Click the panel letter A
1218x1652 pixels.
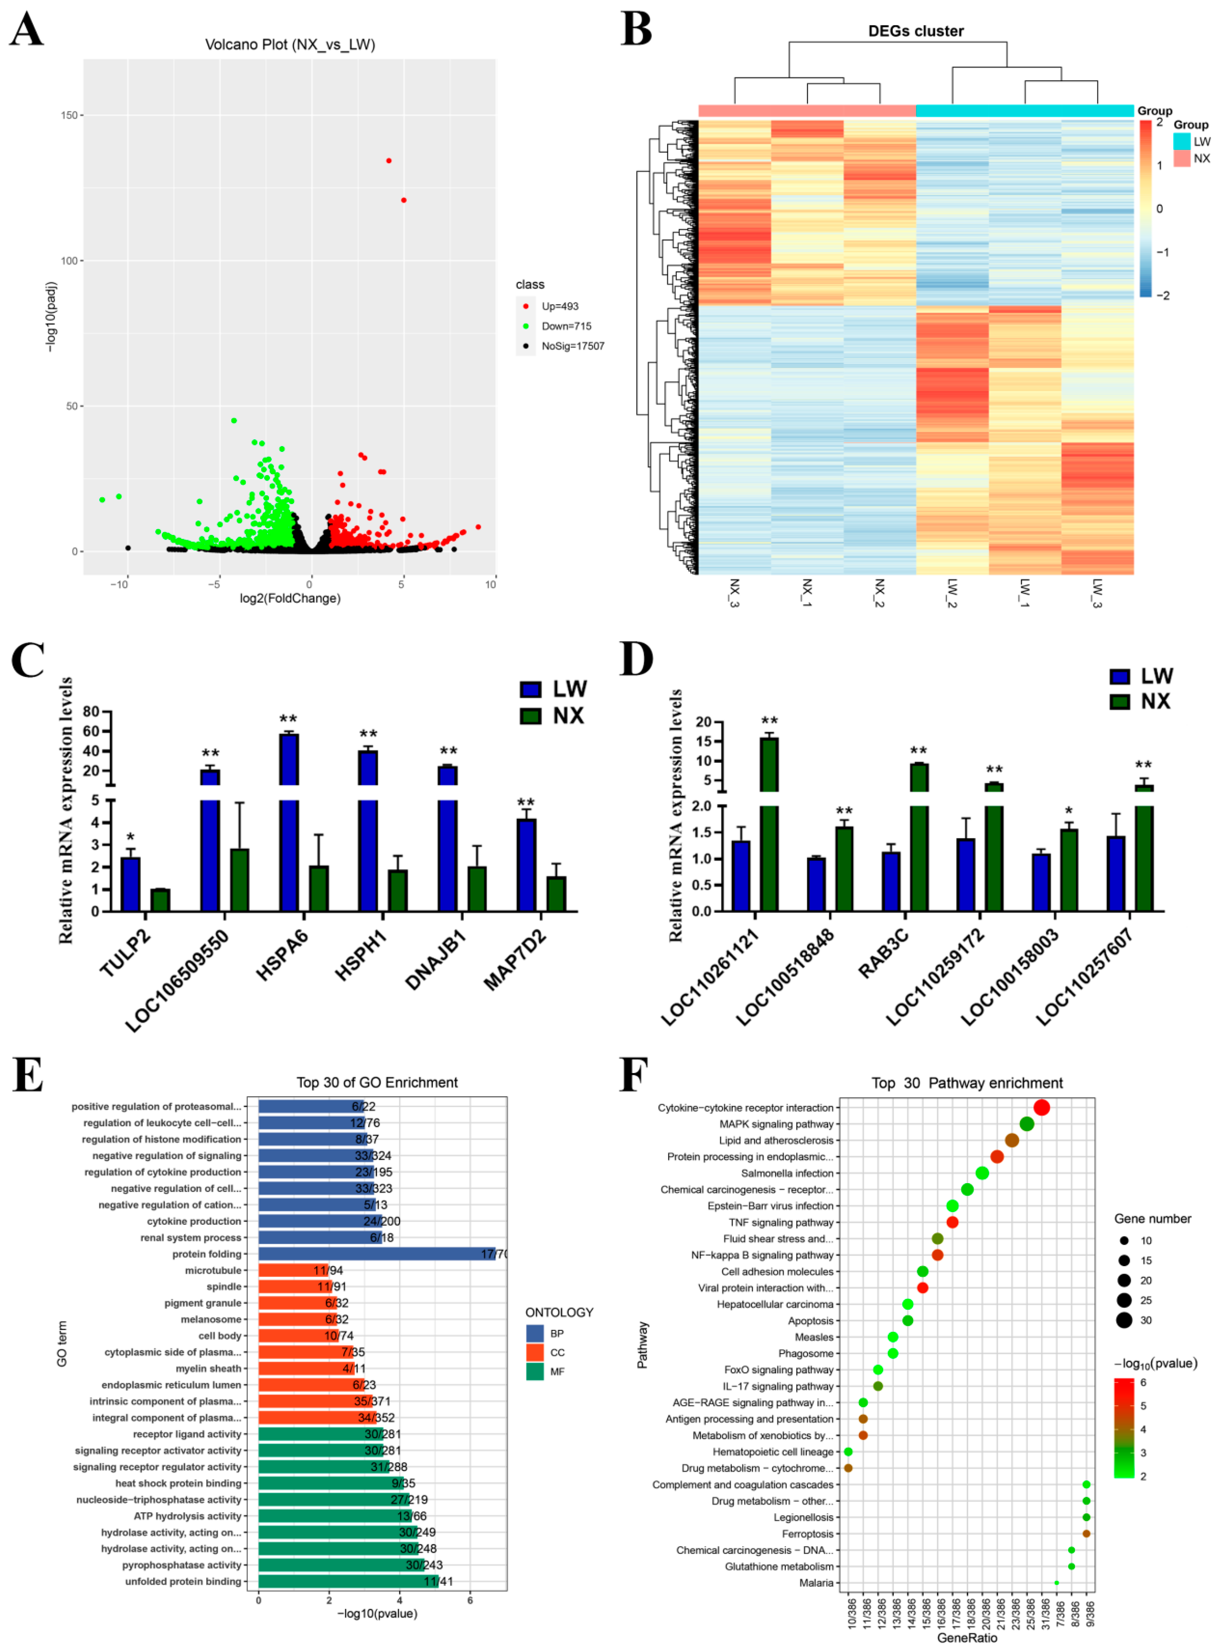(x=26, y=31)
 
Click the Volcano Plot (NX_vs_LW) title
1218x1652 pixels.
(x=290, y=45)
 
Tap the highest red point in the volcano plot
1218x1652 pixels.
(x=389, y=161)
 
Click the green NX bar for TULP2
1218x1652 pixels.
(x=160, y=900)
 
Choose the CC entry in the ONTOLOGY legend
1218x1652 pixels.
(x=557, y=1353)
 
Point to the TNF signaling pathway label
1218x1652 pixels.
(x=781, y=1222)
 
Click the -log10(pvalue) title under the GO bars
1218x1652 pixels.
(x=377, y=1614)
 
